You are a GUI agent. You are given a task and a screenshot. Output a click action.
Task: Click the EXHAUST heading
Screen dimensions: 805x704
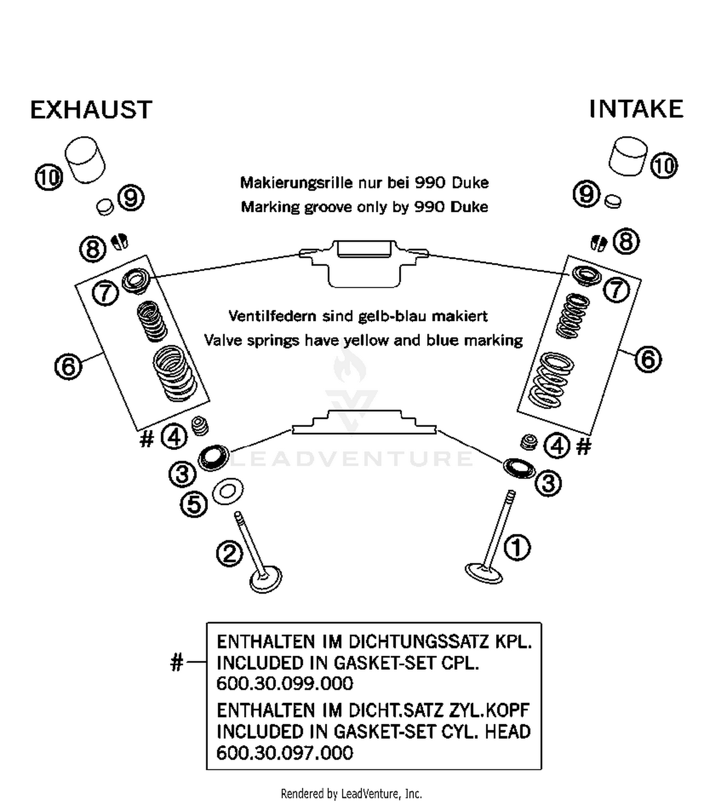tap(91, 110)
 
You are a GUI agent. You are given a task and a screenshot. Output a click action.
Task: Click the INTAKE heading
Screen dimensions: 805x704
tap(636, 109)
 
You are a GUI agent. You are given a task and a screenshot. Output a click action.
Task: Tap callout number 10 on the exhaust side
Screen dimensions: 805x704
tap(49, 178)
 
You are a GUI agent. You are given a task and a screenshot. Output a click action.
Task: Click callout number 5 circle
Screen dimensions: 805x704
tap(194, 505)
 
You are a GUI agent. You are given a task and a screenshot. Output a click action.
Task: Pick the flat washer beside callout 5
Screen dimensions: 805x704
tap(228, 491)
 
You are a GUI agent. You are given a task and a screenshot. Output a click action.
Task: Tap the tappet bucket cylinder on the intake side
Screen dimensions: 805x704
tap(627, 156)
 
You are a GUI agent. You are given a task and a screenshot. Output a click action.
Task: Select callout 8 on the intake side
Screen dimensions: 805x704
tap(627, 241)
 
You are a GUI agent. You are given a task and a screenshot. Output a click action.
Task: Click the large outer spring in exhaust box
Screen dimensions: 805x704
tap(174, 373)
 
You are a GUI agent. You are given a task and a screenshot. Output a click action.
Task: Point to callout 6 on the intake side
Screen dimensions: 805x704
tap(648, 360)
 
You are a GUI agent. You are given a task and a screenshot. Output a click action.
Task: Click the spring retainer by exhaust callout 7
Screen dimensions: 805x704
tap(136, 280)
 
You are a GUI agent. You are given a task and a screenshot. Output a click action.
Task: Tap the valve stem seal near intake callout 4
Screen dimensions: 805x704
tap(529, 442)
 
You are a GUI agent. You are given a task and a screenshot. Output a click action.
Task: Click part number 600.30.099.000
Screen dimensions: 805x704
tap(284, 683)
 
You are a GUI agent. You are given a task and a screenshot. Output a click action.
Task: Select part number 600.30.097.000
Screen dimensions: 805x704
tap(284, 753)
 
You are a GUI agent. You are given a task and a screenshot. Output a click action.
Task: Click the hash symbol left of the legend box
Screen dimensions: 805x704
tap(176, 663)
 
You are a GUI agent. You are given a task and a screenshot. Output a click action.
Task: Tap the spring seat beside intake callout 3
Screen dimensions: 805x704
tap(519, 468)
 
